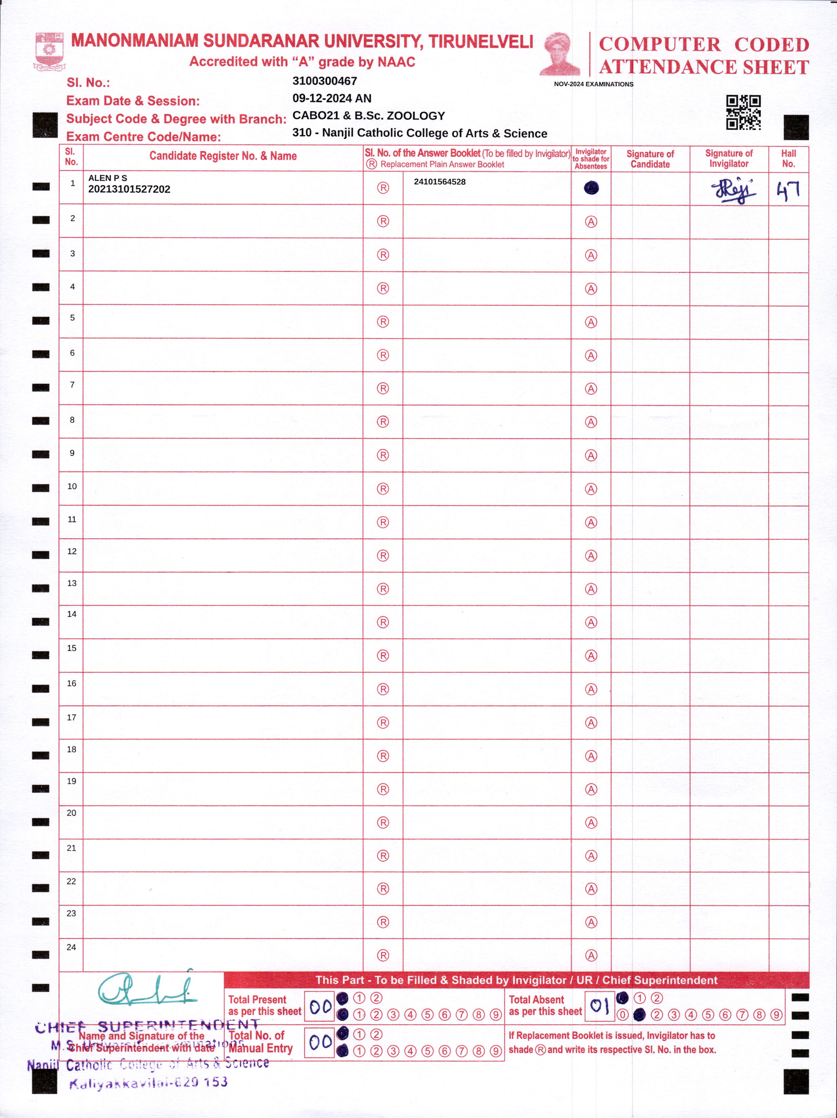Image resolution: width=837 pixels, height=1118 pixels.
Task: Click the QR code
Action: pyautogui.click(x=743, y=112)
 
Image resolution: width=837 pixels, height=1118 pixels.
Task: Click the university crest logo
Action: pyautogui.click(x=49, y=51)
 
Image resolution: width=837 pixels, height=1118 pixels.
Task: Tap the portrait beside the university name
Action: pyautogui.click(x=561, y=54)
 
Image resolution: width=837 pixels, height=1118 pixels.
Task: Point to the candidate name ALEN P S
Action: pyautogui.click(x=108, y=178)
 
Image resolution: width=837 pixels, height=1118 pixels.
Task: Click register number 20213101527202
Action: pyautogui.click(x=129, y=189)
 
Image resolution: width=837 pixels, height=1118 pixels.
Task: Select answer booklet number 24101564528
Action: pyautogui.click(x=440, y=182)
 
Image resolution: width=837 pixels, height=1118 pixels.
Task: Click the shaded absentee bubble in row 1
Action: pyautogui.click(x=591, y=188)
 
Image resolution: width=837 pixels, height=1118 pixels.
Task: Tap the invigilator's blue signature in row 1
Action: pyautogui.click(x=734, y=190)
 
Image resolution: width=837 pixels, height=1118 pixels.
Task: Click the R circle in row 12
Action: pyautogui.click(x=383, y=556)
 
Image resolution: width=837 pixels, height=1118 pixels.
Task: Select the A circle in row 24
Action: pyautogui.click(x=591, y=955)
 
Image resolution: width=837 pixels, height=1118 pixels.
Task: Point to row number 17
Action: pyautogui.click(x=72, y=717)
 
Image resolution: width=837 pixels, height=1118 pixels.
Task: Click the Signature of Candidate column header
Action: pyautogui.click(x=650, y=159)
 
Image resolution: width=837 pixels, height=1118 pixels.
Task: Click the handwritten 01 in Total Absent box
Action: pyautogui.click(x=600, y=1005)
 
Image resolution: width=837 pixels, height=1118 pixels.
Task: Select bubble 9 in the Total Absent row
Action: pyautogui.click(x=776, y=1014)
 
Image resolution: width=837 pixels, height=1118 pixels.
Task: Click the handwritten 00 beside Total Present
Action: pyautogui.click(x=320, y=1006)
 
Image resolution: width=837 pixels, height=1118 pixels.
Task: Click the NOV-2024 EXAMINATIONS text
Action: pyautogui.click(x=593, y=84)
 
